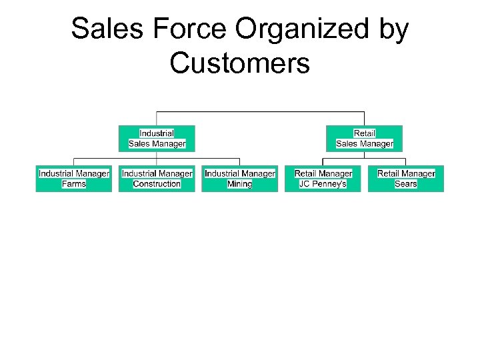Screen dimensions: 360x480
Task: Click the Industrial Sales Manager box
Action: click(157, 138)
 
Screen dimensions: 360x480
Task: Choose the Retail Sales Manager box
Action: click(364, 138)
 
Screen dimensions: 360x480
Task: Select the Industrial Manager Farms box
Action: click(74, 179)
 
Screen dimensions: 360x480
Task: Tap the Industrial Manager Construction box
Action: click(157, 179)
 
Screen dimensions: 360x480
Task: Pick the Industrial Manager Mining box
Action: click(239, 179)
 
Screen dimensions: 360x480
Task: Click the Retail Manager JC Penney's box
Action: click(323, 179)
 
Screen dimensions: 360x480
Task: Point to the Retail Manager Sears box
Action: click(405, 179)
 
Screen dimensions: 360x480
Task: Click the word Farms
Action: click(74, 184)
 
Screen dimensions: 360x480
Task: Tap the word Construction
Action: click(157, 184)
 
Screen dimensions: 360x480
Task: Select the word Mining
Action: click(239, 184)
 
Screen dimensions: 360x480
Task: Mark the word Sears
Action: click(405, 184)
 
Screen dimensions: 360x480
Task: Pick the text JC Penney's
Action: click(323, 184)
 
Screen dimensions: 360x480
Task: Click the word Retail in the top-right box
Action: click(364, 133)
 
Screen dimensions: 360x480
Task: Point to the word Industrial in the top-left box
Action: click(157, 133)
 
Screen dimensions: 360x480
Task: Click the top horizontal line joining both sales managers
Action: click(260, 111)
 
